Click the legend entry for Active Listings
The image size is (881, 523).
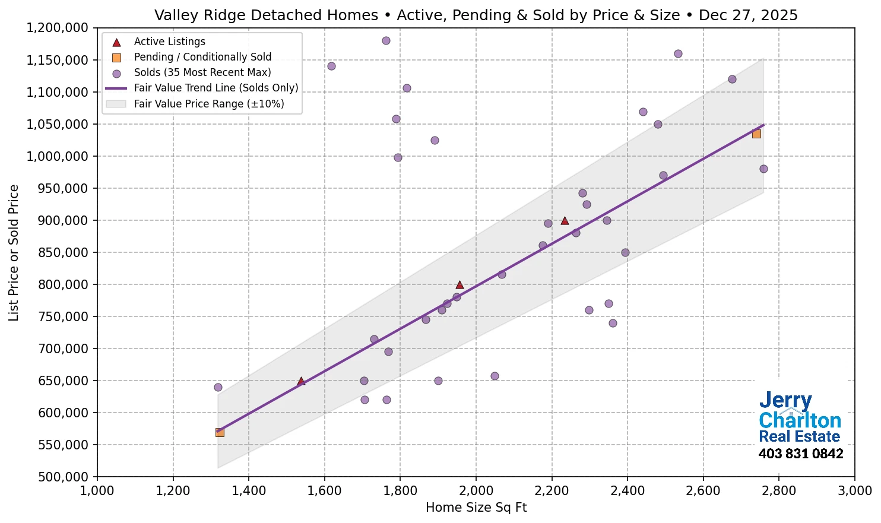pos(169,42)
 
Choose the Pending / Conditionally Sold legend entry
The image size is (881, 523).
pos(202,57)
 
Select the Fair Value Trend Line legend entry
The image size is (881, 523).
pos(216,88)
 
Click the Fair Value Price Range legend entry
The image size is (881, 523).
pos(208,104)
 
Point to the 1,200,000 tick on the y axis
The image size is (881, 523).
pos(58,28)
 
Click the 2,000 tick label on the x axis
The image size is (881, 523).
pos(476,491)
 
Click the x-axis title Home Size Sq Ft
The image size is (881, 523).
pos(476,508)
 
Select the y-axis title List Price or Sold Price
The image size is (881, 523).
pos(14,252)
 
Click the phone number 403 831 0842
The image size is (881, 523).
pos(800,454)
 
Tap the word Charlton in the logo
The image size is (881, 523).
pos(800,420)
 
